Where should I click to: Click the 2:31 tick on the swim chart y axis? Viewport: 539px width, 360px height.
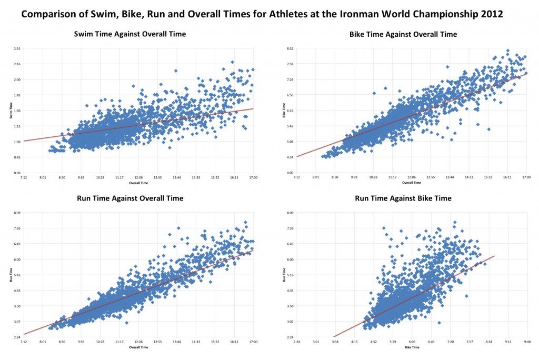point(17,48)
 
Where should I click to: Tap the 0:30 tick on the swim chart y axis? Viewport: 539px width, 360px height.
point(17,173)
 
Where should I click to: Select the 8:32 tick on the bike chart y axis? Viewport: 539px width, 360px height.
point(290,48)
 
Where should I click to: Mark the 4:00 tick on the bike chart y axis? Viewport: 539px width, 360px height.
point(290,173)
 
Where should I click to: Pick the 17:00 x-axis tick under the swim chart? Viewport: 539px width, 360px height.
point(253,178)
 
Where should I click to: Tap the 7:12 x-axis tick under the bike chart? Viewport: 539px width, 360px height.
point(297,178)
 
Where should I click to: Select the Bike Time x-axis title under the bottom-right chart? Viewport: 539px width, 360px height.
point(412,347)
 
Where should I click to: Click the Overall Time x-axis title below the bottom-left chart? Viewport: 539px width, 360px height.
point(138,347)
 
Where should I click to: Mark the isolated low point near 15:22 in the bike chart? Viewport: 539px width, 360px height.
point(489,129)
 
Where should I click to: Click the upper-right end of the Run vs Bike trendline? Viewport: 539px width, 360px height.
point(495,256)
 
